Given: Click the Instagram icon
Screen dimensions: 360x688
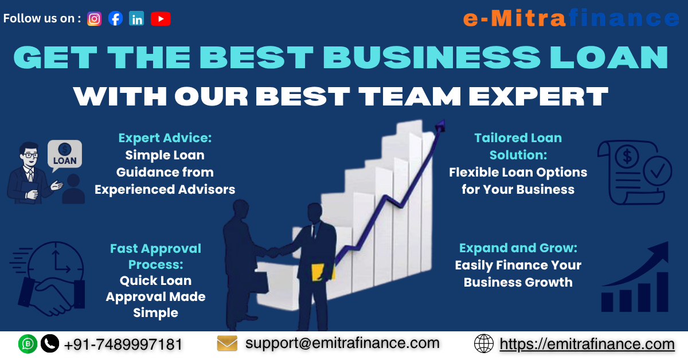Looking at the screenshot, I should point(95,19).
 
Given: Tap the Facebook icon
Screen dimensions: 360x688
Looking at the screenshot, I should point(115,19).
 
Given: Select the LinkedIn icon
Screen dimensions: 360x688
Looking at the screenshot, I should point(136,19).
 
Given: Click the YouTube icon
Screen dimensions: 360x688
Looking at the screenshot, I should point(161,19).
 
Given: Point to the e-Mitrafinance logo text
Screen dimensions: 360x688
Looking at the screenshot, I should point(570,19).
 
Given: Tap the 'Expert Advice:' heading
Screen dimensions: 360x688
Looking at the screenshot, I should point(165,138).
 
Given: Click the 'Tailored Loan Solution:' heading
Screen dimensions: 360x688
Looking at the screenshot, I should point(518,146).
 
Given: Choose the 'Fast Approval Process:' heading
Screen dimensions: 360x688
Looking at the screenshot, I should point(155,256).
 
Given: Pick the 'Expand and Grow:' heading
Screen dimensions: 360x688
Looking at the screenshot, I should point(518,248).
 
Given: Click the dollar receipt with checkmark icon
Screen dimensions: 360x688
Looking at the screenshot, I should point(631,172).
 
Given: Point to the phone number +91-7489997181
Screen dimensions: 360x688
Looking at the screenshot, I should point(123,345).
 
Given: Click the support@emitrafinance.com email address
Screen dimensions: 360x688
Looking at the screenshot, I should point(342,343).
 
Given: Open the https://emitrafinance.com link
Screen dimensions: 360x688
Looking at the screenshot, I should point(587,344).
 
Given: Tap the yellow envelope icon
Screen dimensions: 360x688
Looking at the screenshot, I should point(227,343).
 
